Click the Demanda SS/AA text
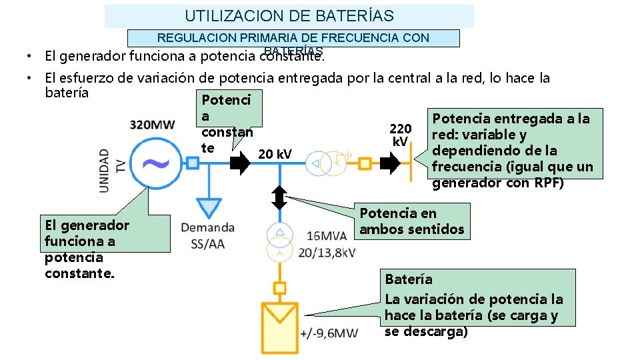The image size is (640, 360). [207, 235]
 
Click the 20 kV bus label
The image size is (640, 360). [275, 155]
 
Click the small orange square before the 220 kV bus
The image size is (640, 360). [365, 164]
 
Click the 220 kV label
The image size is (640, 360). [400, 135]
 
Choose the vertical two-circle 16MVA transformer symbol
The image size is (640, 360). [280, 243]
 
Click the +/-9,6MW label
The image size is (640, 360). [329, 333]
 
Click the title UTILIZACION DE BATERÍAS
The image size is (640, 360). [289, 15]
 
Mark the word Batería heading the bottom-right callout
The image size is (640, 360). [409, 279]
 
